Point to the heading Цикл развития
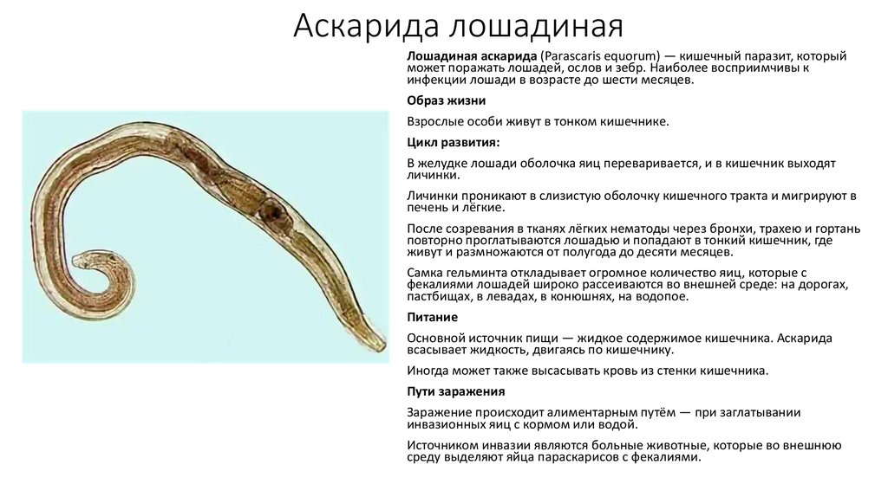point(453,141)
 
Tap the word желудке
point(441,163)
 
